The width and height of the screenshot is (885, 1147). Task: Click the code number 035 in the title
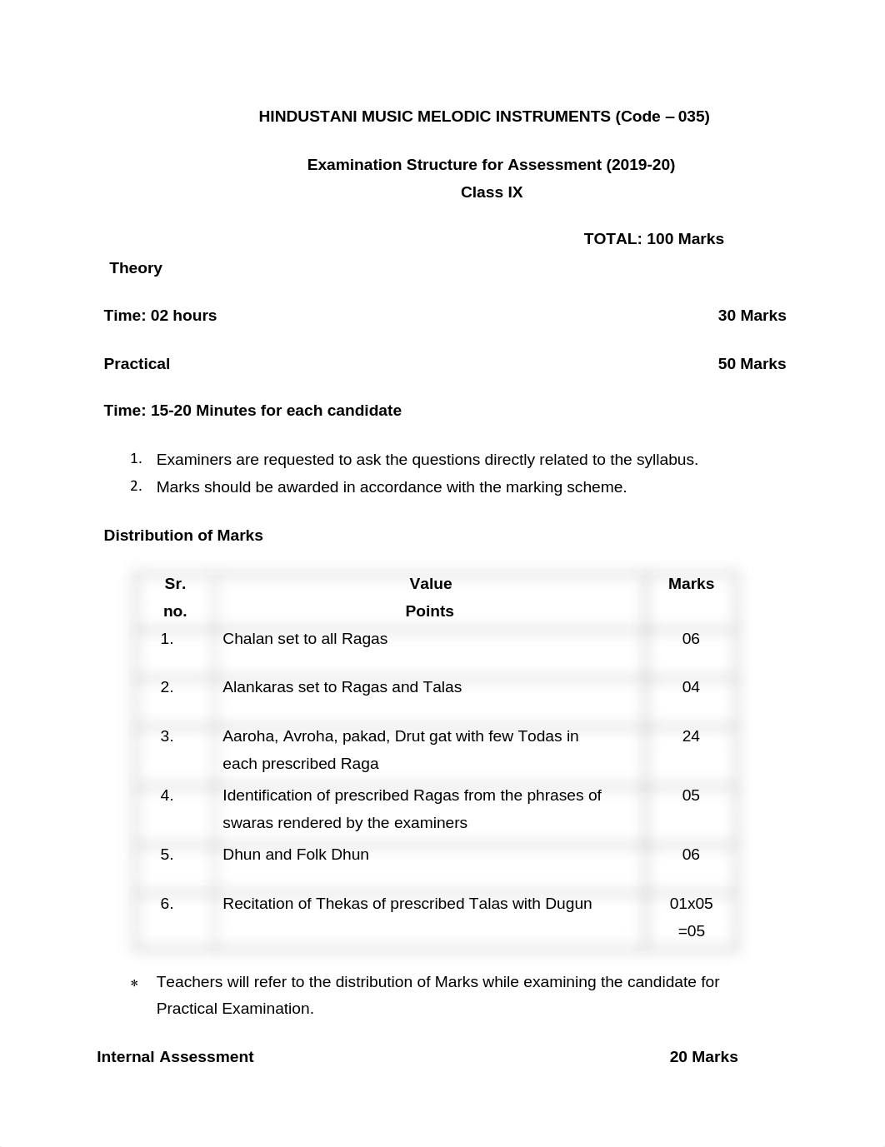point(692,117)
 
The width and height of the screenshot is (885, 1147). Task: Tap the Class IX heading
point(492,192)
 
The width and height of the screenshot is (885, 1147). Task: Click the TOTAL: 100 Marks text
point(653,239)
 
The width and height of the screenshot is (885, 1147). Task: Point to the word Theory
point(136,268)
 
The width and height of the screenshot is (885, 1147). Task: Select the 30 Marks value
point(752,316)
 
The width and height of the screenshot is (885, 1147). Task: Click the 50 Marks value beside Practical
point(752,364)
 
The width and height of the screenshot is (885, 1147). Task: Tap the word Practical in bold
point(137,364)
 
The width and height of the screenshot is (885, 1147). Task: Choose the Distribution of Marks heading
point(183,536)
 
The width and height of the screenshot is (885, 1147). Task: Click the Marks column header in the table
point(691,584)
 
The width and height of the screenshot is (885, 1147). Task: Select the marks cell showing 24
point(691,736)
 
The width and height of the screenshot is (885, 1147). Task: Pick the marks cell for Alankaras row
point(691,687)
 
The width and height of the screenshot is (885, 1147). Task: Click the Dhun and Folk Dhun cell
point(296,855)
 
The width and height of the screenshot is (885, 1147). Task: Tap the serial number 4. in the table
point(167,795)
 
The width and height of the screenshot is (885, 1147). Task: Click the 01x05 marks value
point(691,904)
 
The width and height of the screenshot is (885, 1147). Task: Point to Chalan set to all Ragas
point(305,639)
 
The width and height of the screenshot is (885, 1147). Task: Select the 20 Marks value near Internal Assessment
point(703,1057)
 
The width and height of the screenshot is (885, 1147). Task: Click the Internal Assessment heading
point(175,1057)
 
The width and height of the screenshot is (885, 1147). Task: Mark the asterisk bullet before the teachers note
point(134,984)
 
